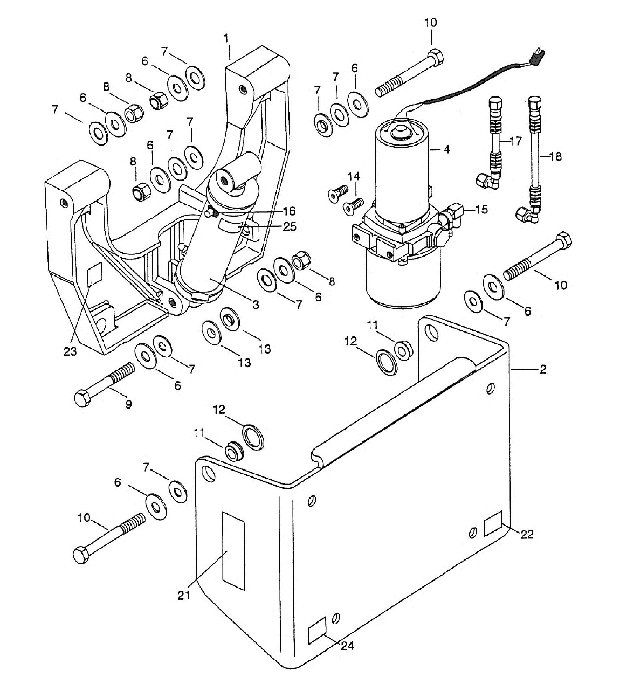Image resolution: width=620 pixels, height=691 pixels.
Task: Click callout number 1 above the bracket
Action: (226, 38)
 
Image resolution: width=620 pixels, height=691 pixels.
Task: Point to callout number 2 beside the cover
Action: (542, 369)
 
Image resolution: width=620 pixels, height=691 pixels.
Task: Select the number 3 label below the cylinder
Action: (256, 304)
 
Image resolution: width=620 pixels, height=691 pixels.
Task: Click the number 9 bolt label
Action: (128, 404)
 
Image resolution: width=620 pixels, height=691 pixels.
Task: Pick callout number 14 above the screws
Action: (354, 176)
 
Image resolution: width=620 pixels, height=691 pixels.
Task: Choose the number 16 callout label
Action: (288, 211)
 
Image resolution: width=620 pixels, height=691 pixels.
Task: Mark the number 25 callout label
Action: (289, 226)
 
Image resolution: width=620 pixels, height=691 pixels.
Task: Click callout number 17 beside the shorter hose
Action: (515, 141)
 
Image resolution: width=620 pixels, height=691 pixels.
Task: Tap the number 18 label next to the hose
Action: (555, 156)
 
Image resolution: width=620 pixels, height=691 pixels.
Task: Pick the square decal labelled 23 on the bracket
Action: (94, 274)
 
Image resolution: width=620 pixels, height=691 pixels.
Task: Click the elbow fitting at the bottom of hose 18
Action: (527, 215)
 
